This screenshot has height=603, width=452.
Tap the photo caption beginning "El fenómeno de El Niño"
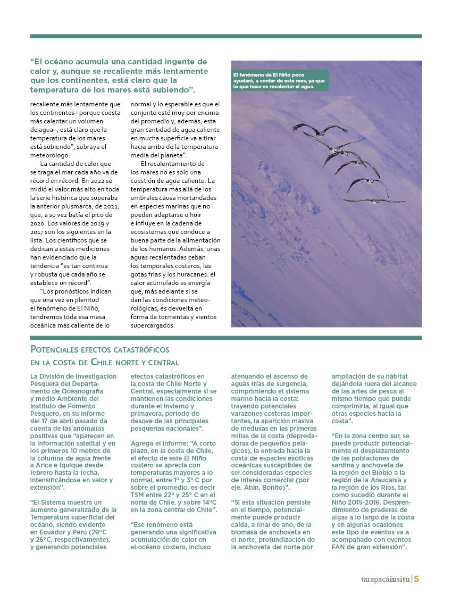click(x=279, y=80)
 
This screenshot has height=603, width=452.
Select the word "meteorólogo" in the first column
click(x=52, y=155)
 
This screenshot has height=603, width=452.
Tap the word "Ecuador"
click(x=51, y=531)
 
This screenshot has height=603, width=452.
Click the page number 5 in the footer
click(x=417, y=579)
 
